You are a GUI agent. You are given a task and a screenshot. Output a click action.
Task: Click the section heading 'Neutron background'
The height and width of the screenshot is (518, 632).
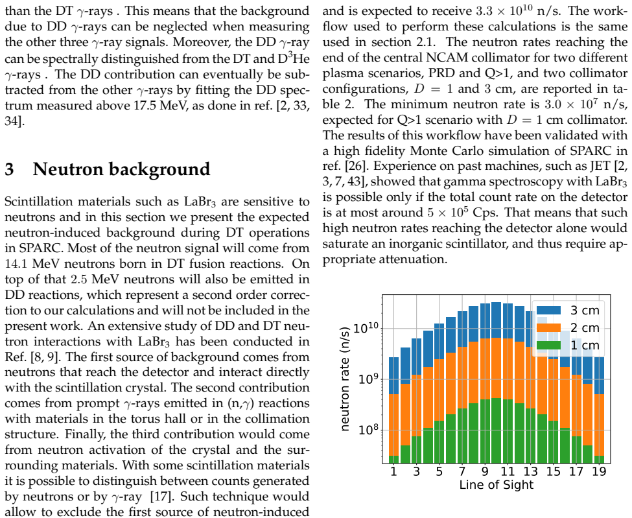pyautogui.click(x=121, y=169)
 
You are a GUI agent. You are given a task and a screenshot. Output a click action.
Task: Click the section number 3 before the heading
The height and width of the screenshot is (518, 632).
pyautogui.click(x=10, y=169)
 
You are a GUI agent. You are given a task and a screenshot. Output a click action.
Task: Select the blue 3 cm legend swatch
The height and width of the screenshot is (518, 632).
pyautogui.click(x=548, y=310)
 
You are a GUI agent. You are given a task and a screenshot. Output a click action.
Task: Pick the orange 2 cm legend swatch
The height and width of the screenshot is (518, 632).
pyautogui.click(x=548, y=327)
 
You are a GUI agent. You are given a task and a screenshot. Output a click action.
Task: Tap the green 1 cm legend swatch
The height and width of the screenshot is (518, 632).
pyautogui.click(x=548, y=345)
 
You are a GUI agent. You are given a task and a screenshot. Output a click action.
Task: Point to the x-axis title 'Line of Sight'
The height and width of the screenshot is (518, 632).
pyautogui.click(x=496, y=484)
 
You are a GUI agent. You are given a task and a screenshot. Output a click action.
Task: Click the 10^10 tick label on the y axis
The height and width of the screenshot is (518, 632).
pyautogui.click(x=365, y=328)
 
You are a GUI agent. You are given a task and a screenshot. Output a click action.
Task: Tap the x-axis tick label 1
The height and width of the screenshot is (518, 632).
pyautogui.click(x=394, y=471)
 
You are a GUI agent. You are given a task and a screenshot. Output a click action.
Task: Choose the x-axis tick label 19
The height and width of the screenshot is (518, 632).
pyautogui.click(x=600, y=471)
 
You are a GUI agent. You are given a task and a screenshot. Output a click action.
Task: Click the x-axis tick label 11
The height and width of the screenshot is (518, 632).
pyautogui.click(x=508, y=471)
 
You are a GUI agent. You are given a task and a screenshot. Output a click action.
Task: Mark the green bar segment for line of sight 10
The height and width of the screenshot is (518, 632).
pyautogui.click(x=496, y=430)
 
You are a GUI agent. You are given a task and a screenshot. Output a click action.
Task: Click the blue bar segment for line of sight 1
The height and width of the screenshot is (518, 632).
pyautogui.click(x=394, y=376)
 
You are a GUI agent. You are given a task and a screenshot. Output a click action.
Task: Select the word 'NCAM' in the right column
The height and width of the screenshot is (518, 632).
pyautogui.click(x=443, y=58)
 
